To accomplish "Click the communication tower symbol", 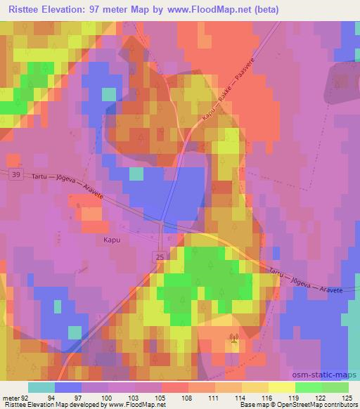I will tap(233, 342).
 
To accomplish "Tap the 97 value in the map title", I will tap(94, 10).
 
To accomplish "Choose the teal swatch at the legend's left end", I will tap(41, 387).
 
